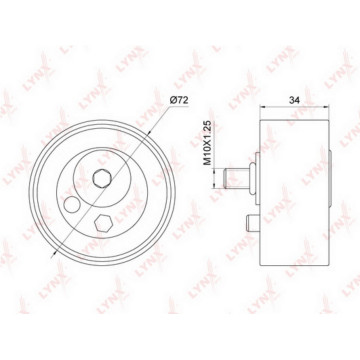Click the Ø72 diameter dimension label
[179, 100]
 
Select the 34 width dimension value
[294, 100]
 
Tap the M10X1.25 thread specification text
[208, 143]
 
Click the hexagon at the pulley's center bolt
[101, 178]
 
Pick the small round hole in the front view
[72, 204]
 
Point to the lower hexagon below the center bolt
[103, 223]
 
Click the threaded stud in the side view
[237, 178]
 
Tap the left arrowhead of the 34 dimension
[263, 107]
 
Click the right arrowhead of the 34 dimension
[325, 107]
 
